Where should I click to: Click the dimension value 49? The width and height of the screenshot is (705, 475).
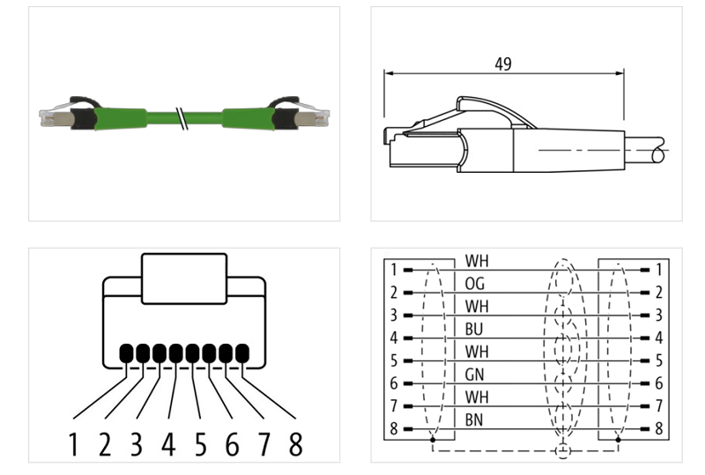[503, 63]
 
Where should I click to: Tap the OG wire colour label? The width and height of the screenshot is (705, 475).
[476, 284]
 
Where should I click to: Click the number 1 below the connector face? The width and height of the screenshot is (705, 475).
[73, 444]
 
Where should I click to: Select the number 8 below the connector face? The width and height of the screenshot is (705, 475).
[295, 444]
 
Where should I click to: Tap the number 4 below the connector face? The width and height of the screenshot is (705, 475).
[168, 444]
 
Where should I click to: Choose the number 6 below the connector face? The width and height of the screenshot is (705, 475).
[232, 444]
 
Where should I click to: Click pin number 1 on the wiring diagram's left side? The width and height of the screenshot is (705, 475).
[394, 270]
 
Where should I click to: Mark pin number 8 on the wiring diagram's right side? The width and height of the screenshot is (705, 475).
[658, 430]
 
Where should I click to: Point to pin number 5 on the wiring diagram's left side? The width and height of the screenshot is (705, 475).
[394, 361]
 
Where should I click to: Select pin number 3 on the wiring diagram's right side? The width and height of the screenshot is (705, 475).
[658, 315]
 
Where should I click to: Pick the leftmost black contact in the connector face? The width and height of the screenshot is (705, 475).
[126, 354]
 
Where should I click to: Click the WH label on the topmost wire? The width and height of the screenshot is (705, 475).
[476, 261]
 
